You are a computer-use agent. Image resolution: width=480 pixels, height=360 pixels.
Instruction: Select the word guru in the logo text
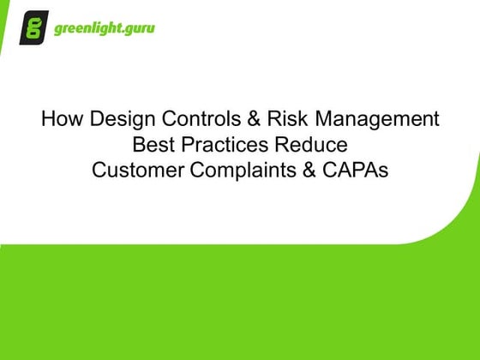coord(138,29)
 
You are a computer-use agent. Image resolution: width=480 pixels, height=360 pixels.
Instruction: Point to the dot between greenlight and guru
coord(119,32)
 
